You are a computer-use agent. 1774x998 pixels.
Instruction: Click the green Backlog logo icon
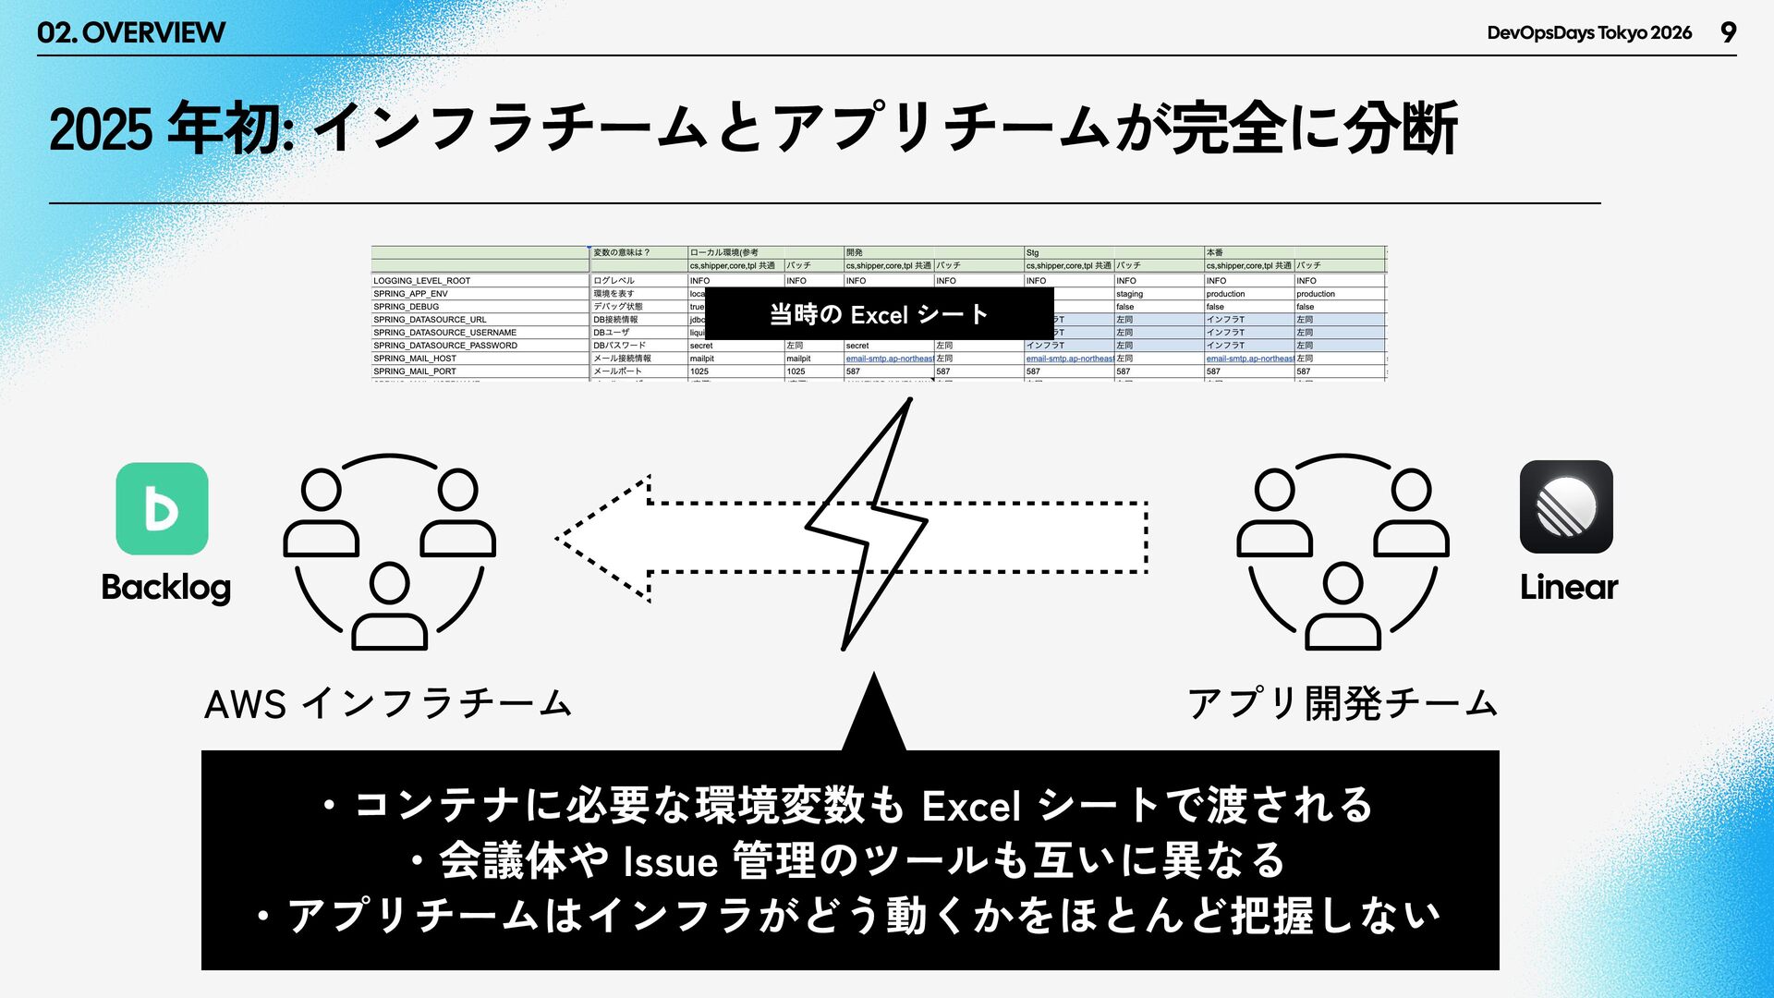pyautogui.click(x=162, y=508)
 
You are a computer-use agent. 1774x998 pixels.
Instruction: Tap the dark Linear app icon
pyautogui.click(x=1566, y=506)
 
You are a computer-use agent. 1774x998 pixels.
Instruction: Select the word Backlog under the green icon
pyautogui.click(x=166, y=588)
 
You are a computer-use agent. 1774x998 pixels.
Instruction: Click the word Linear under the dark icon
pyautogui.click(x=1569, y=587)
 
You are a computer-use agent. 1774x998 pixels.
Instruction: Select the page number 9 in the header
pyautogui.click(x=1728, y=32)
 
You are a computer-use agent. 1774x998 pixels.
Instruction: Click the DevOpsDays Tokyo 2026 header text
pyautogui.click(x=1589, y=33)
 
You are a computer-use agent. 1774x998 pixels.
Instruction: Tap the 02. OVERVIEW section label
pyautogui.click(x=131, y=33)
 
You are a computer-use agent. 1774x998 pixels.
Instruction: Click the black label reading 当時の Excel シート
pyautogui.click(x=879, y=314)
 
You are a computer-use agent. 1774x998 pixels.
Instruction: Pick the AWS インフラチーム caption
pyautogui.click(x=388, y=704)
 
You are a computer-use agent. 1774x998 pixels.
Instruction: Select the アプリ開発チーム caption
pyautogui.click(x=1343, y=704)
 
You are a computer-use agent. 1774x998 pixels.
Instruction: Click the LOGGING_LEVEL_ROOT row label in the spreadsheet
pyautogui.click(x=422, y=281)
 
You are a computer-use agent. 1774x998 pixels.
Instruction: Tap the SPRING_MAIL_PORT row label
pyautogui.click(x=415, y=371)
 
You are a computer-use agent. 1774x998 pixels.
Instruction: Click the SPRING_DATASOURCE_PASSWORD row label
pyautogui.click(x=445, y=346)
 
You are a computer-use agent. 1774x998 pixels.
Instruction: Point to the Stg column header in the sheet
pyautogui.click(x=1032, y=252)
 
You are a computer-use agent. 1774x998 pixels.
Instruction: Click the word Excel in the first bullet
pyautogui.click(x=971, y=807)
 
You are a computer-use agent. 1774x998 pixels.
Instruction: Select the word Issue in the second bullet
pyautogui.click(x=671, y=862)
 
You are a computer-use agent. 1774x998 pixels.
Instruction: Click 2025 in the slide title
pyautogui.click(x=100, y=129)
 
